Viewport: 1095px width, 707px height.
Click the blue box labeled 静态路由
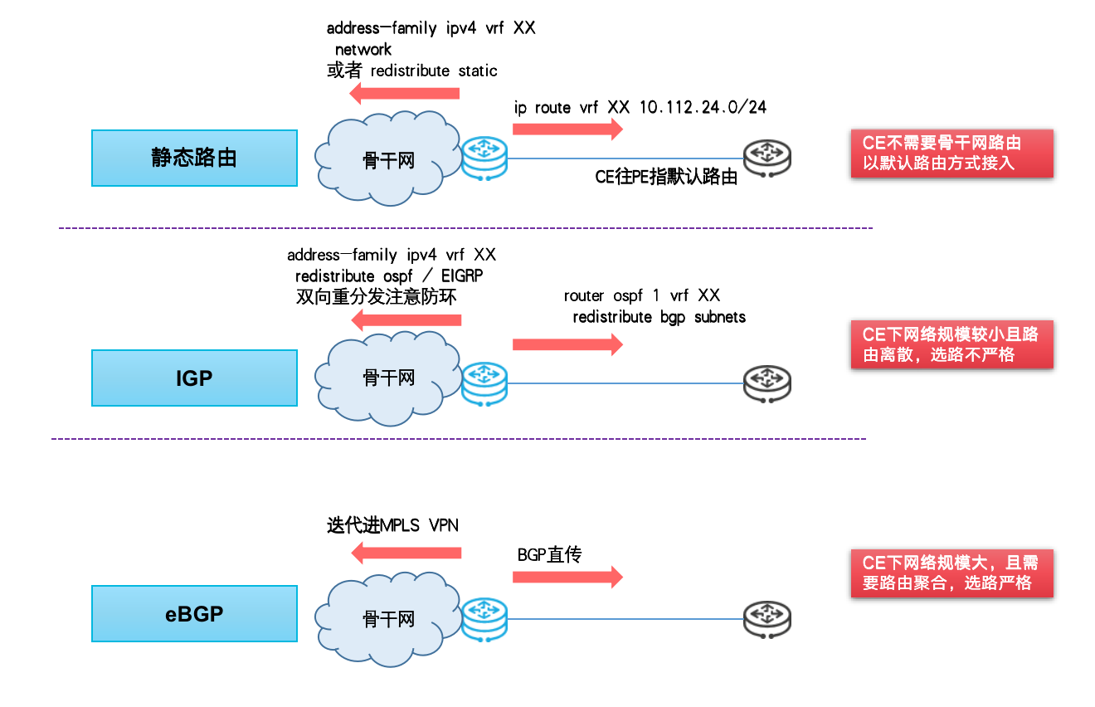[195, 158]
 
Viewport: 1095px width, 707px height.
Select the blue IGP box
[195, 378]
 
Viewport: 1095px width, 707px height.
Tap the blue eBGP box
[195, 613]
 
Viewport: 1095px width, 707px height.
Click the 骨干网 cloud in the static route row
[387, 158]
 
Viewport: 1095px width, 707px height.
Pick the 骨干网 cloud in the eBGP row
[387, 619]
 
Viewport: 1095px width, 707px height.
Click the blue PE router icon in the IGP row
[484, 384]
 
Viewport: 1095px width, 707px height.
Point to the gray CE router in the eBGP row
[767, 620]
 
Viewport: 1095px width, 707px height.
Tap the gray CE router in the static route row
[767, 158]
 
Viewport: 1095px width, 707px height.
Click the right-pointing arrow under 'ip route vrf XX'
[567, 129]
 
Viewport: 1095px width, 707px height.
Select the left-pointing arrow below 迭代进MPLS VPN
[406, 553]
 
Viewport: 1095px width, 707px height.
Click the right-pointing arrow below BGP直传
[567, 577]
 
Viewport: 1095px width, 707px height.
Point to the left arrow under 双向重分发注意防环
[406, 320]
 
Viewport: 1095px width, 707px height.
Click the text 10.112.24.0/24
[703, 108]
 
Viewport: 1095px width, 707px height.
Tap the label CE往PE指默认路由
[666, 177]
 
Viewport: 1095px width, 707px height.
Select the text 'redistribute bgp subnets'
[659, 317]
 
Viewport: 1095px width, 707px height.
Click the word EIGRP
[462, 276]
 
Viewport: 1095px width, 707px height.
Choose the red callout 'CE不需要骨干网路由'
[952, 154]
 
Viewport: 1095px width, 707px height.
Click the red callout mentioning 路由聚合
[952, 573]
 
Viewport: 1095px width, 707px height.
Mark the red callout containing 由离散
[952, 344]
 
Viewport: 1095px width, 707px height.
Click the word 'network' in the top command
[363, 50]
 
